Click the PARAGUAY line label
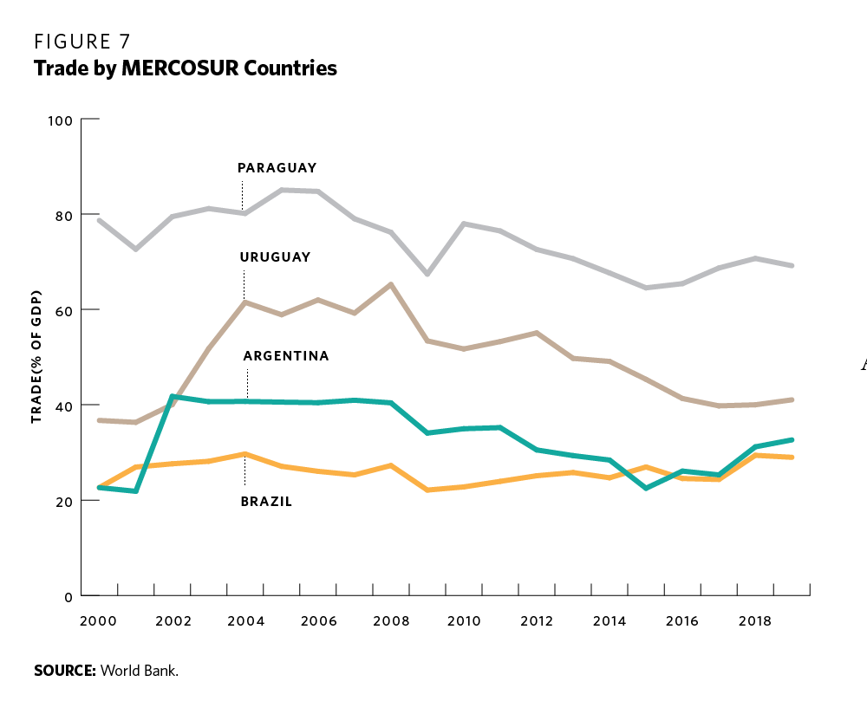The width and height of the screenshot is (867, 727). [x=277, y=168]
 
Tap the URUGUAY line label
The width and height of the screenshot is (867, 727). [x=275, y=257]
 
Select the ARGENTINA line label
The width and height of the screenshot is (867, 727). [x=286, y=356]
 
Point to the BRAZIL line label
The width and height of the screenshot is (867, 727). [x=266, y=501]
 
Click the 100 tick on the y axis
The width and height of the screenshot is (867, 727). [x=60, y=120]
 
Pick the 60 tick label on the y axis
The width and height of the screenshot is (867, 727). [x=63, y=310]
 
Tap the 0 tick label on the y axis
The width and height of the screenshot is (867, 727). [x=68, y=596]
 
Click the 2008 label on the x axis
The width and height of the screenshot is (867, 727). [x=392, y=621]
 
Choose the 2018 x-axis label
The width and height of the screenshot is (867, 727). [x=755, y=621]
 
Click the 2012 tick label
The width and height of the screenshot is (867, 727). [x=538, y=621]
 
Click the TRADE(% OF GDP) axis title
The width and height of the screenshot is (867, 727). [x=37, y=357]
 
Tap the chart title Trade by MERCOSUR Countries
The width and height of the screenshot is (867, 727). [x=185, y=68]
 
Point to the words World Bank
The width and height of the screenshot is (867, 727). [x=140, y=671]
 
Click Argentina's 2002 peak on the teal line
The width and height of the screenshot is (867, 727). [x=173, y=396]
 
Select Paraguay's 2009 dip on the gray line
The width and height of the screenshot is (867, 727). [x=427, y=274]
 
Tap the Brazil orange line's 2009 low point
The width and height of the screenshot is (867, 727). [x=427, y=490]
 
